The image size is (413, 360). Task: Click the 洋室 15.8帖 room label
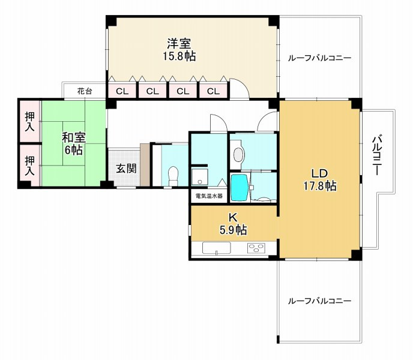tap(179, 50)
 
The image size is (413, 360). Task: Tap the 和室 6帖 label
tap(74, 143)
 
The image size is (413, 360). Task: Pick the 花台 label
tap(85, 91)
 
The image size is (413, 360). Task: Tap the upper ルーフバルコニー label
tap(319, 58)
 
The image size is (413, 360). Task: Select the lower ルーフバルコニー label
tap(319, 301)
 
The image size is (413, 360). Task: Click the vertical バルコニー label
tap(377, 154)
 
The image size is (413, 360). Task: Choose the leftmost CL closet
tap(122, 92)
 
